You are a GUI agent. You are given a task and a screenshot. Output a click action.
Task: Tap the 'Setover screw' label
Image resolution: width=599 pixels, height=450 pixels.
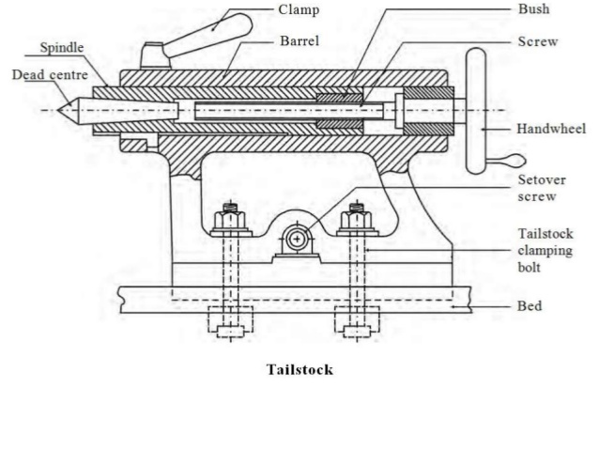[541, 188]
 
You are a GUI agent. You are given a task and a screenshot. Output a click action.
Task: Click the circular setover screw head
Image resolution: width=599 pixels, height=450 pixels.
[297, 240]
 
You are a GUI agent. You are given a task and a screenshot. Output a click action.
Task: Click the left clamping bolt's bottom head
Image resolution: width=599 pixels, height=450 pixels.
[228, 332]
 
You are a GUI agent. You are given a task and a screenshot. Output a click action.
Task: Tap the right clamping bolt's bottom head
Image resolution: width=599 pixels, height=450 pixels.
[356, 332]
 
